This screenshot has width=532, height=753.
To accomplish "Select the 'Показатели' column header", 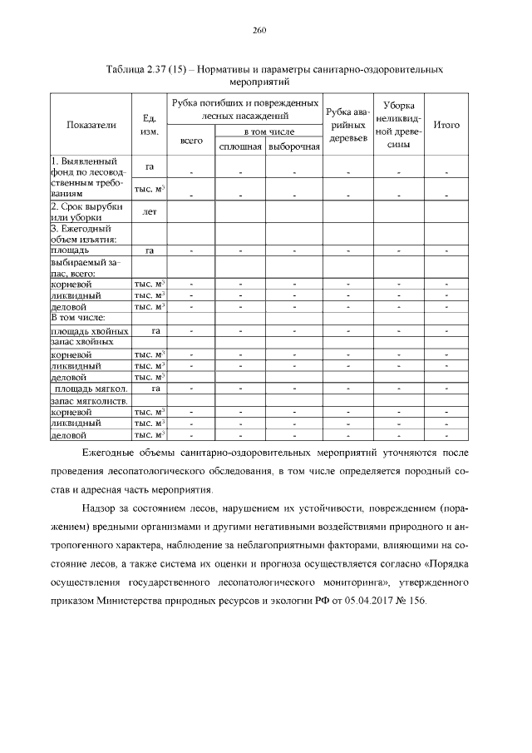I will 91,125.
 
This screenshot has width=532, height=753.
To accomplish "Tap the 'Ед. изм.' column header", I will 150,125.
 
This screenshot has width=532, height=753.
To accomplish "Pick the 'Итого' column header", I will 446,125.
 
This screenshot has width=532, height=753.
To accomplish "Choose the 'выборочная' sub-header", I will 293,146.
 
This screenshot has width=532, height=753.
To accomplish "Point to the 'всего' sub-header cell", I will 192,141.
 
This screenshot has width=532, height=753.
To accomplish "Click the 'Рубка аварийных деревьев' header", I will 347,125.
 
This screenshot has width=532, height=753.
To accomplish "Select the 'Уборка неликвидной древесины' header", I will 399,125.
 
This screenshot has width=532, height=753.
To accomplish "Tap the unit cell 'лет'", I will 150,212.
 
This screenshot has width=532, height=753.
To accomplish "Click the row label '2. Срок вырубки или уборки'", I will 88,211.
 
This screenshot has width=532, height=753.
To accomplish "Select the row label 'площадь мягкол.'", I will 90,389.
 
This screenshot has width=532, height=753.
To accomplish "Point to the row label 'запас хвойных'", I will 81,342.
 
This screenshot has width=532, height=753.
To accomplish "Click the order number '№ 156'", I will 413,602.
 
